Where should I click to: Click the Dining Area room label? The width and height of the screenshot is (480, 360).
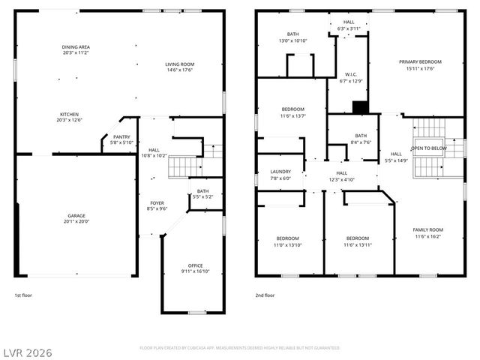point(75,50)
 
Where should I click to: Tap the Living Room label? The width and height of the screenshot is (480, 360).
point(180,67)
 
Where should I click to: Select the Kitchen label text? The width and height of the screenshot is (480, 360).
point(70,116)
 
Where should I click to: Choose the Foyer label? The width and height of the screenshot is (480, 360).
point(157,205)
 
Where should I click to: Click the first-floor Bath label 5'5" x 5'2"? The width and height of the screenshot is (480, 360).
point(202,193)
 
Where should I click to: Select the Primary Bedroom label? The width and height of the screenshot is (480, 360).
point(419,64)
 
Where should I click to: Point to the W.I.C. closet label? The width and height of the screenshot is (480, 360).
point(351,77)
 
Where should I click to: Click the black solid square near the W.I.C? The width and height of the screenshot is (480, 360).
point(360,106)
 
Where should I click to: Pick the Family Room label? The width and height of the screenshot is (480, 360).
point(427,232)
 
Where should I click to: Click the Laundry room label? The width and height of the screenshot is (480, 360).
point(280,175)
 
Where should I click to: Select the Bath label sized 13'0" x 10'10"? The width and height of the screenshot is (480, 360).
point(293,37)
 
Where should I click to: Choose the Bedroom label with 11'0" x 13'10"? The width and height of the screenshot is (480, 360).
point(289,241)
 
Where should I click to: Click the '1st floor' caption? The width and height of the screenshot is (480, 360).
point(24,295)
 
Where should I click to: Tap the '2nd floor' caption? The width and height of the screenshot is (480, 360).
point(265,295)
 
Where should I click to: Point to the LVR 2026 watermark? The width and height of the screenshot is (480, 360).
point(27,352)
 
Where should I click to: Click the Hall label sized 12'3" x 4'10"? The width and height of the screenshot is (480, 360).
point(341,175)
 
